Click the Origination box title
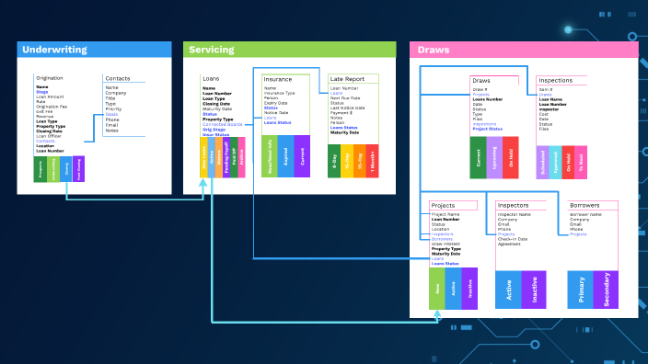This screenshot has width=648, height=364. point(50,78)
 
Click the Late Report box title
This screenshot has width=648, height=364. point(349,80)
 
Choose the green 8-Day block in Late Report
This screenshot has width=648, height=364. point(334,160)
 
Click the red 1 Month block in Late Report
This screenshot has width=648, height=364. point(372,160)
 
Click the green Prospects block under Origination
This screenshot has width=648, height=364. point(40,169)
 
